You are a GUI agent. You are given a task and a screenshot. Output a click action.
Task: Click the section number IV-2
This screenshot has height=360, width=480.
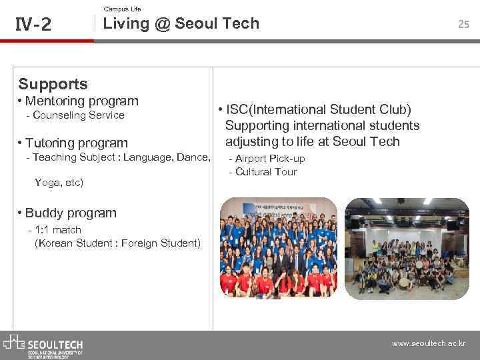(x=33, y=25)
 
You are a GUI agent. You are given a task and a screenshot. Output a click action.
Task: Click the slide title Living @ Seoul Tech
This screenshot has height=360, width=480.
(x=181, y=24)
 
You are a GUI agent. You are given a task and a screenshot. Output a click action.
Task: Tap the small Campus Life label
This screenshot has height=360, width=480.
(x=123, y=9)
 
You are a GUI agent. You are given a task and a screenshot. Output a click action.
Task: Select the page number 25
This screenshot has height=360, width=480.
(x=463, y=24)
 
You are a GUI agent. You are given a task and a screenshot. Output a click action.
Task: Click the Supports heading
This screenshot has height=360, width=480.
(x=53, y=84)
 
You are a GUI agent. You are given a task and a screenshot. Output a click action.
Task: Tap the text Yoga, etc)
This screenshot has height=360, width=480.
(x=59, y=182)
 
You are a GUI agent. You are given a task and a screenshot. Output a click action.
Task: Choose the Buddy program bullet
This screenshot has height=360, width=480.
(x=71, y=213)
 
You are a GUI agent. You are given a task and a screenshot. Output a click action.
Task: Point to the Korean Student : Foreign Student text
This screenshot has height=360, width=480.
(x=117, y=243)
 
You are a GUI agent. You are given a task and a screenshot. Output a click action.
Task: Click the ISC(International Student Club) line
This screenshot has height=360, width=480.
(x=319, y=109)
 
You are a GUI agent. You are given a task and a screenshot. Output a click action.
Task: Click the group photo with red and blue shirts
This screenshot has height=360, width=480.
(x=279, y=248)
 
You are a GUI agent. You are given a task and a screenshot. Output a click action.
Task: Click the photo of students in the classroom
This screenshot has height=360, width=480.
(x=407, y=248)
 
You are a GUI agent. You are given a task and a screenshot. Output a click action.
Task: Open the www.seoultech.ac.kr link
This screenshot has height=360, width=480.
(x=428, y=344)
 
